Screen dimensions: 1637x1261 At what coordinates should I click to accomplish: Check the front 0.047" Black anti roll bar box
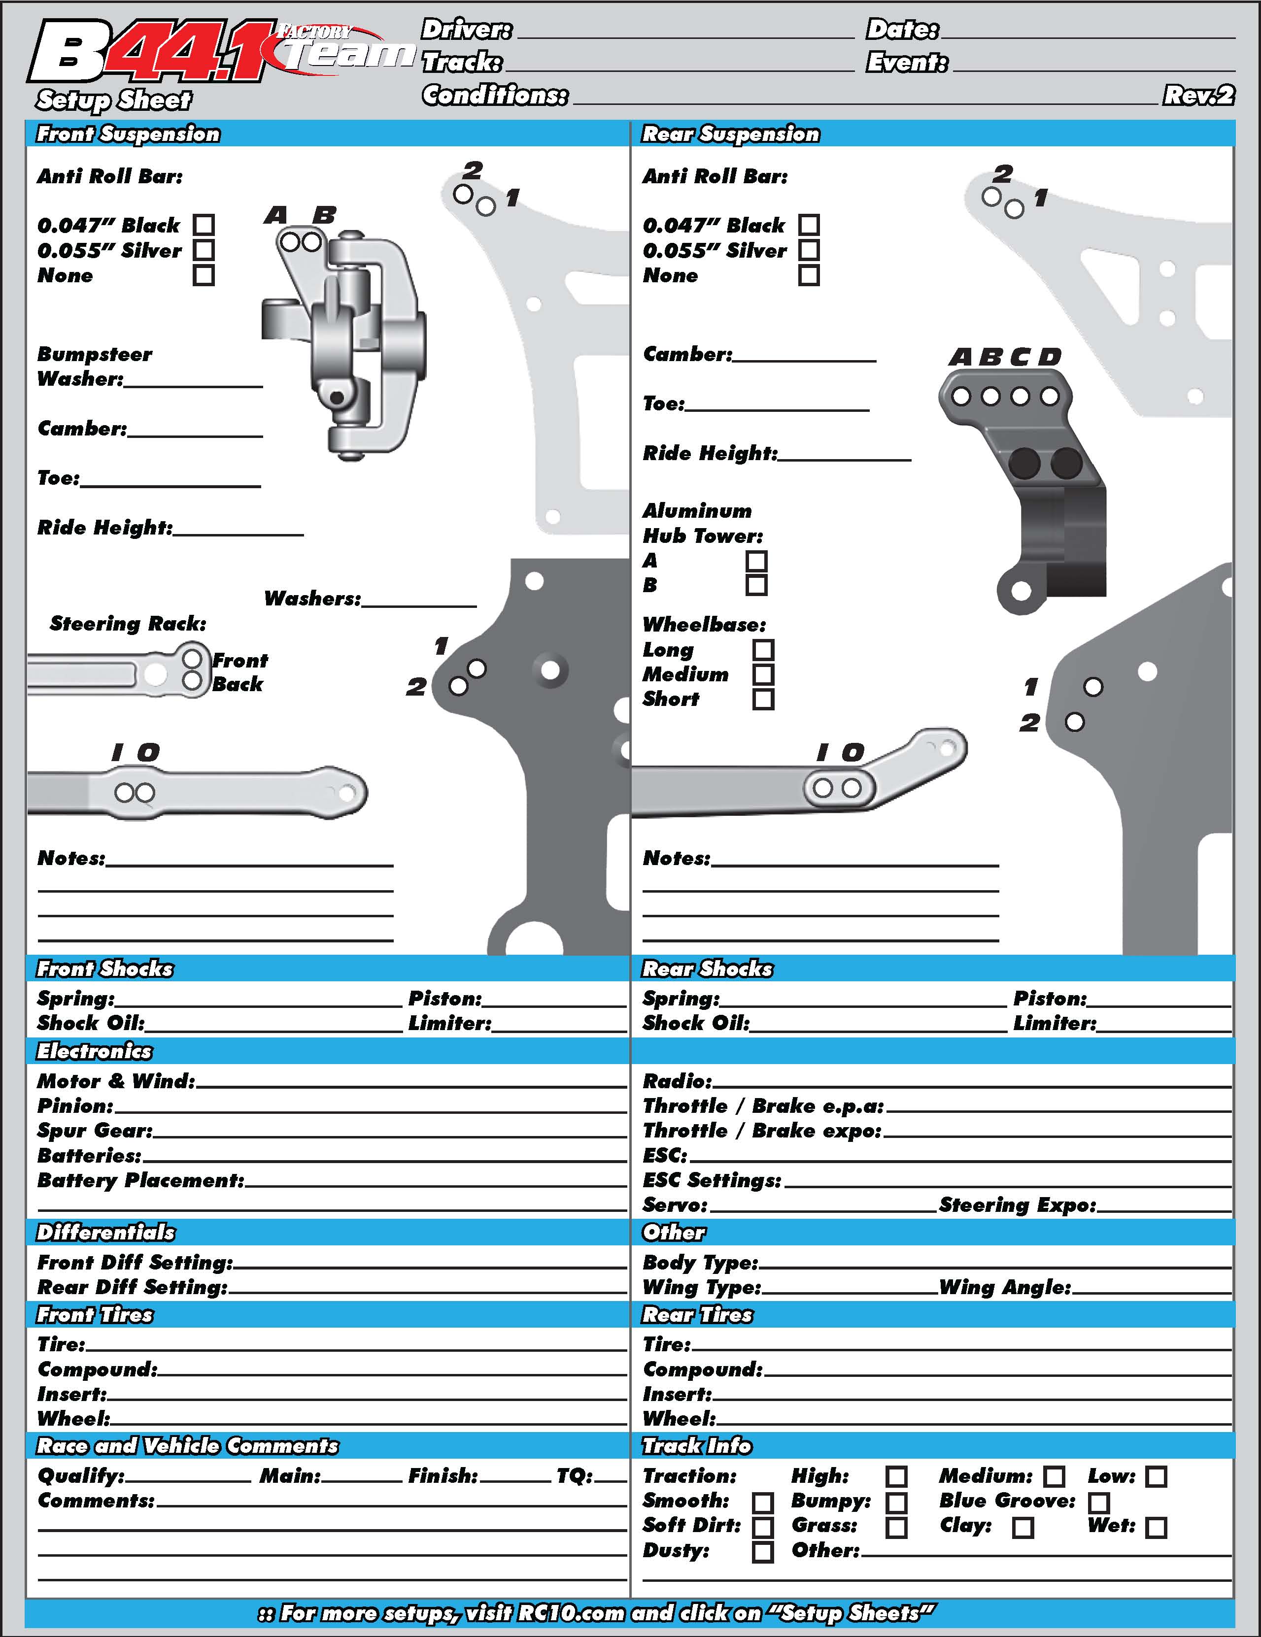point(203,225)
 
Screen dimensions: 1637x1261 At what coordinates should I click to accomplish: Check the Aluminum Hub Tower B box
point(756,585)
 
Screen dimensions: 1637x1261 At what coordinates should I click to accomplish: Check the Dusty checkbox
point(762,1552)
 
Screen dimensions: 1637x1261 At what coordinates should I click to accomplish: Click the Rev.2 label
point(1198,95)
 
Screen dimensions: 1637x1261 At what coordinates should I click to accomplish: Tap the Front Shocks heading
point(105,969)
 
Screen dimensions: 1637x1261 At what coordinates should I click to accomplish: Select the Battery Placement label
point(141,1180)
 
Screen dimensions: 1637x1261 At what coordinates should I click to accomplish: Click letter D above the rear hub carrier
point(1050,358)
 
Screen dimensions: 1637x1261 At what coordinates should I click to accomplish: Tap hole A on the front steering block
point(289,242)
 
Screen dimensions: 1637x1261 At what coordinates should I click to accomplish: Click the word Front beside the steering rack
point(240,660)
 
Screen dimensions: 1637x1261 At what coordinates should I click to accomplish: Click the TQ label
point(574,1476)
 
